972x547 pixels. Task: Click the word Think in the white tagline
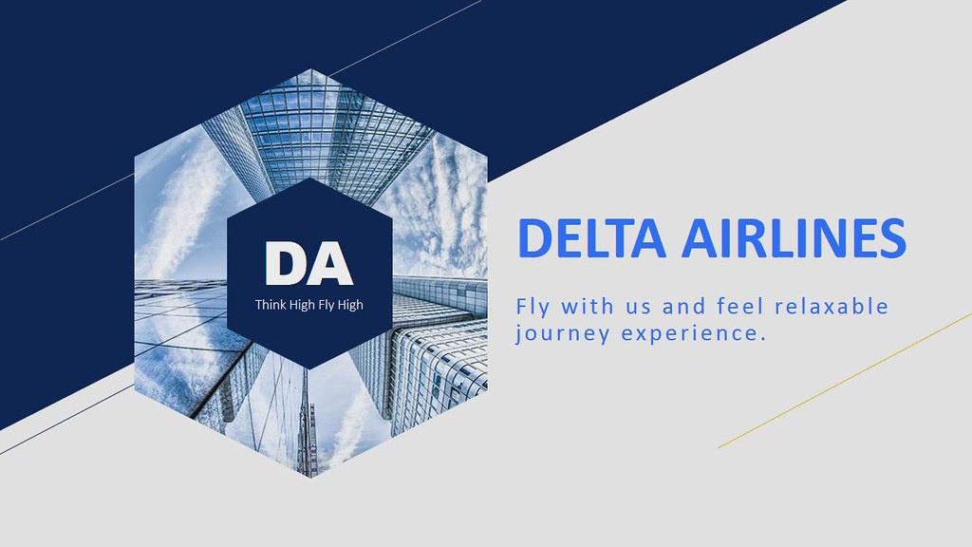click(271, 305)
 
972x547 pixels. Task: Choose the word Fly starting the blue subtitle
click(533, 308)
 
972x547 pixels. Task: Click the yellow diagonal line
click(845, 380)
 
